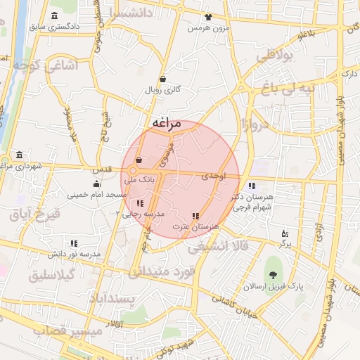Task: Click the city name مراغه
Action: tap(166, 124)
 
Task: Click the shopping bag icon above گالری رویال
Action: tap(163, 79)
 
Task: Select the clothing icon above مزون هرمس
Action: tap(208, 17)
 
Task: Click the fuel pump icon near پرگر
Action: tap(284, 233)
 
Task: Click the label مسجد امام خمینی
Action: tap(96, 194)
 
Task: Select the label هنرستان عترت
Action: tap(199, 226)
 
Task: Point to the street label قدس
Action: tap(101, 171)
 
